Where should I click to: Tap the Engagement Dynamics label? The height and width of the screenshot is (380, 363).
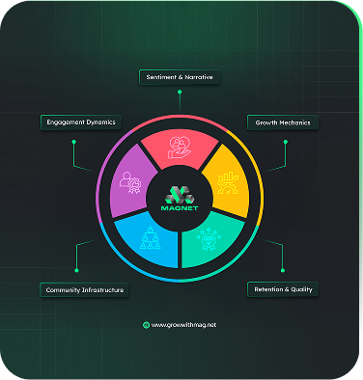click(79, 122)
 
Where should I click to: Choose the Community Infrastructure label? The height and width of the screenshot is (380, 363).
click(84, 289)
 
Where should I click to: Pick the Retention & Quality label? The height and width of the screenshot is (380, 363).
click(282, 289)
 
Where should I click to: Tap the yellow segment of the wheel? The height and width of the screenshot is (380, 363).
click(229, 177)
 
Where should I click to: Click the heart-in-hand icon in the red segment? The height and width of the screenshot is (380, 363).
click(181, 145)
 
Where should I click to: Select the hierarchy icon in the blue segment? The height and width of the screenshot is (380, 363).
click(149, 240)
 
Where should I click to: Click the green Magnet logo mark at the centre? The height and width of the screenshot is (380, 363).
click(181, 194)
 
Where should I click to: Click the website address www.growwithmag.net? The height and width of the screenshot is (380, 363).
click(184, 325)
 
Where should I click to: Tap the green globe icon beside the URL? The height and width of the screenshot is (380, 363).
click(146, 325)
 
